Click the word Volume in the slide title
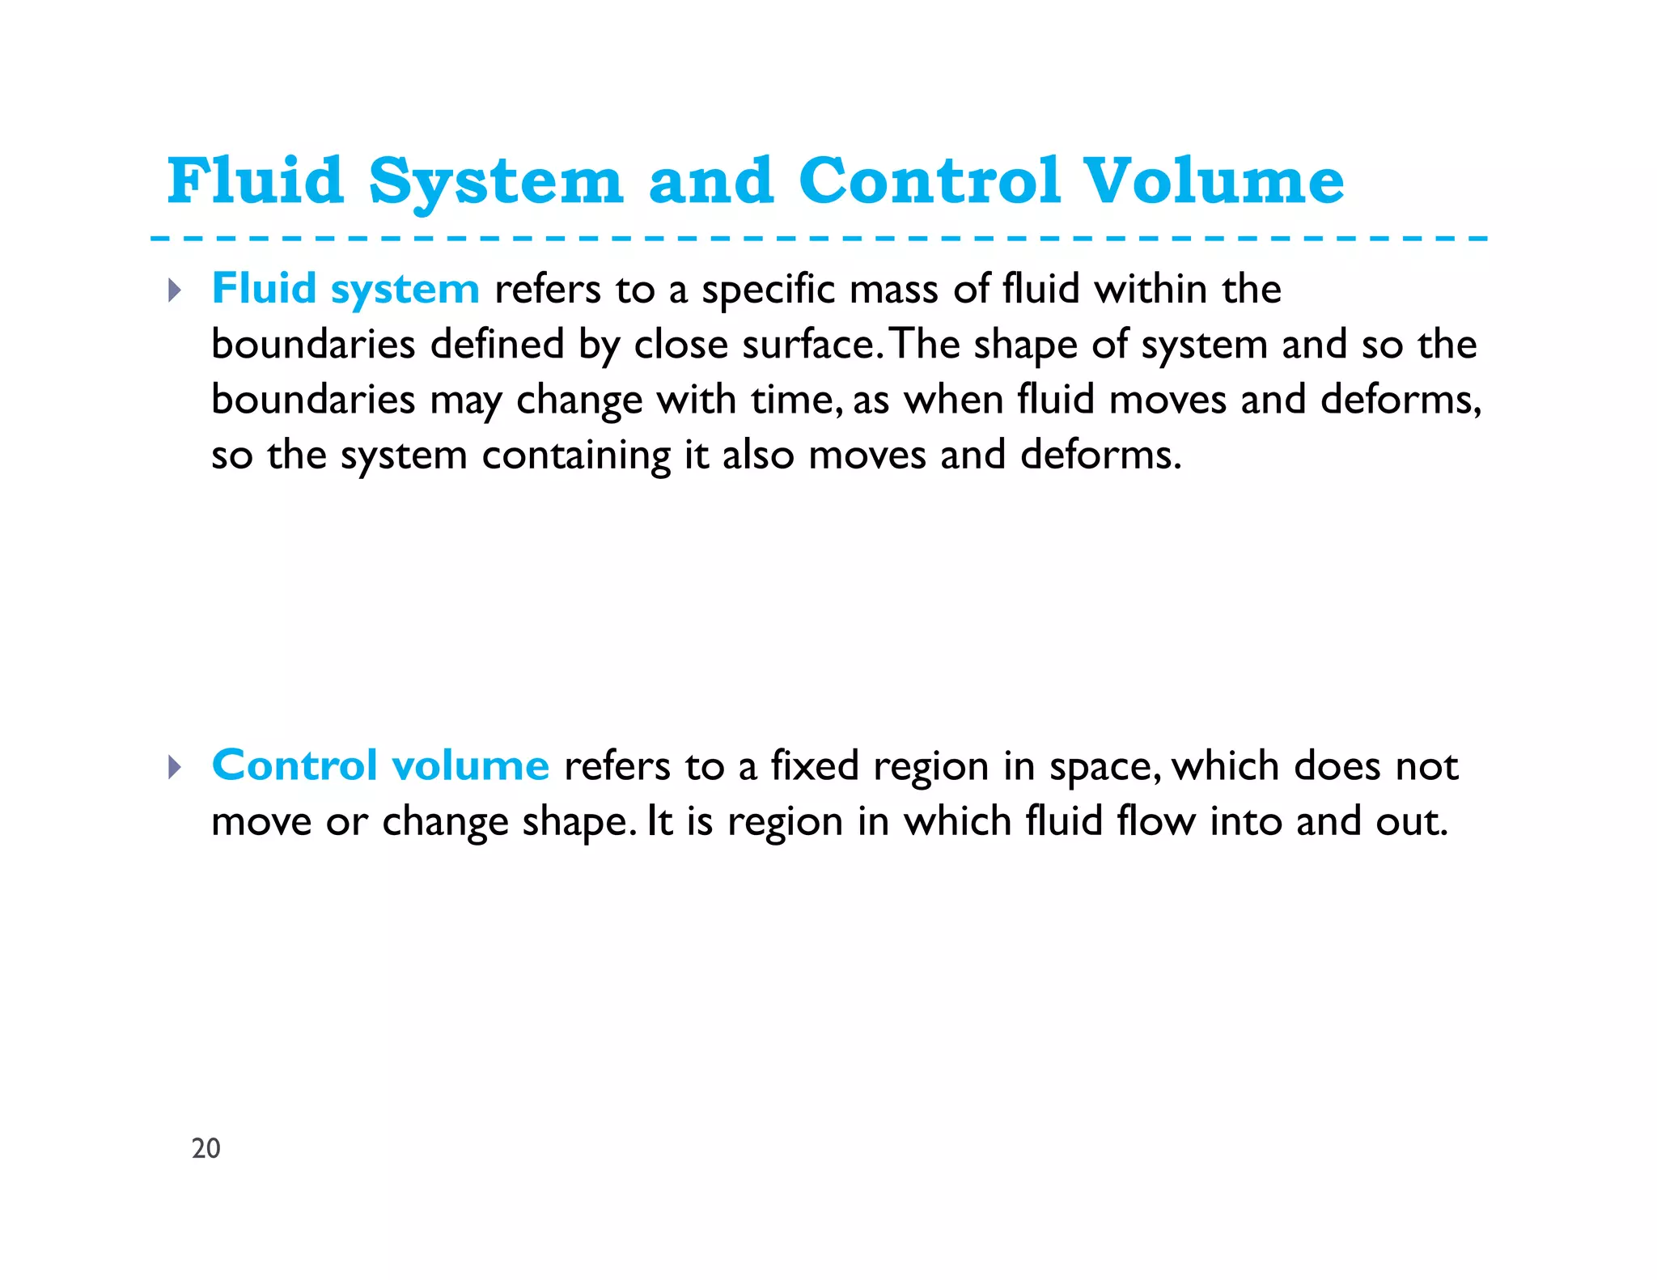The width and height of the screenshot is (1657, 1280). click(x=1214, y=180)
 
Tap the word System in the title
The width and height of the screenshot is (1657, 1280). click(x=496, y=180)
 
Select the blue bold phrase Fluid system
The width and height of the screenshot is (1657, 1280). click(x=345, y=289)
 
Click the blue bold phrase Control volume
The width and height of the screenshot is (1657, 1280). click(x=380, y=765)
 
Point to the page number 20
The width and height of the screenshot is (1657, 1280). click(x=206, y=1148)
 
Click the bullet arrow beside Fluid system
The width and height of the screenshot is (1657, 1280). click(x=175, y=290)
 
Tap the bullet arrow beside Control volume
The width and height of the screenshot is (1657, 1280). click(x=175, y=766)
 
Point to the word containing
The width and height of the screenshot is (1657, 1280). click(x=576, y=456)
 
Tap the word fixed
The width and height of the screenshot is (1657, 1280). click(x=814, y=766)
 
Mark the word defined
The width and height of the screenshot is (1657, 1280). click(x=497, y=345)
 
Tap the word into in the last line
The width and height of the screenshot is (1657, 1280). click(x=1246, y=821)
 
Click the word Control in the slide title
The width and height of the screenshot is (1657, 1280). click(x=929, y=180)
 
